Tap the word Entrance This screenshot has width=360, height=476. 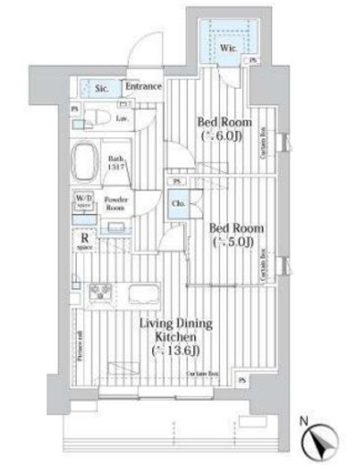coord(143,87)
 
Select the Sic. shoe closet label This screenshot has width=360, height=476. coord(102,89)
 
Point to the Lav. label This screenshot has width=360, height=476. coord(121,119)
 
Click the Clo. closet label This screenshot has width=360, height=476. coord(180,203)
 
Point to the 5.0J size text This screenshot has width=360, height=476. coord(229,243)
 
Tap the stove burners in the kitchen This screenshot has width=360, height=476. coord(99,295)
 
